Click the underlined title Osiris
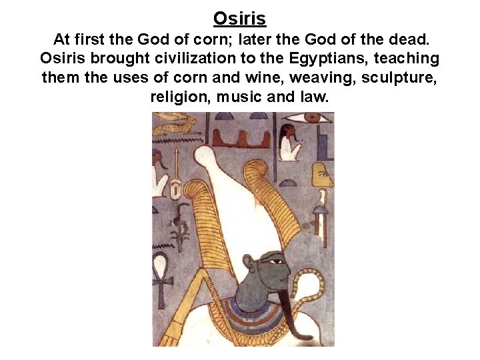[x=239, y=18]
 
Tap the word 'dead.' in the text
[x=410, y=39]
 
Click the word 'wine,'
[x=263, y=77]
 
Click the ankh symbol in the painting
[x=161, y=270]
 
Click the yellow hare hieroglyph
[x=175, y=123]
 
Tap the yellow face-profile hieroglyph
[x=322, y=175]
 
